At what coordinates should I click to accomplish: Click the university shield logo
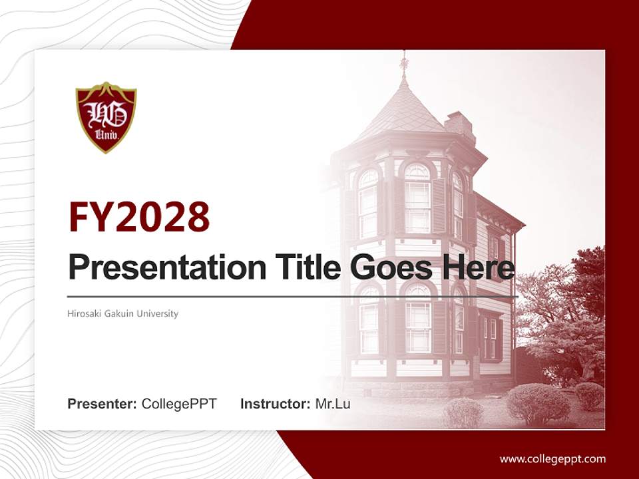pos(106,117)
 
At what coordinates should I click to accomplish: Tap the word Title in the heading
pos(300,267)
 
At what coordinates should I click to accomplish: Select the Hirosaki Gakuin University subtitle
pos(123,313)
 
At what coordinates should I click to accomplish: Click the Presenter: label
pos(103,404)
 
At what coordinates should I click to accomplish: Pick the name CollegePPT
pos(179,404)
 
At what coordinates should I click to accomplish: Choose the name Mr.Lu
pos(333,404)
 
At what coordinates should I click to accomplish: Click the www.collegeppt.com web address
pos(552,458)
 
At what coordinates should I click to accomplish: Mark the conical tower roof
pos(403,110)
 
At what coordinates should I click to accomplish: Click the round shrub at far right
pos(589,395)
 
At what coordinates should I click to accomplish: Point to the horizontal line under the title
pos(293,295)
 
